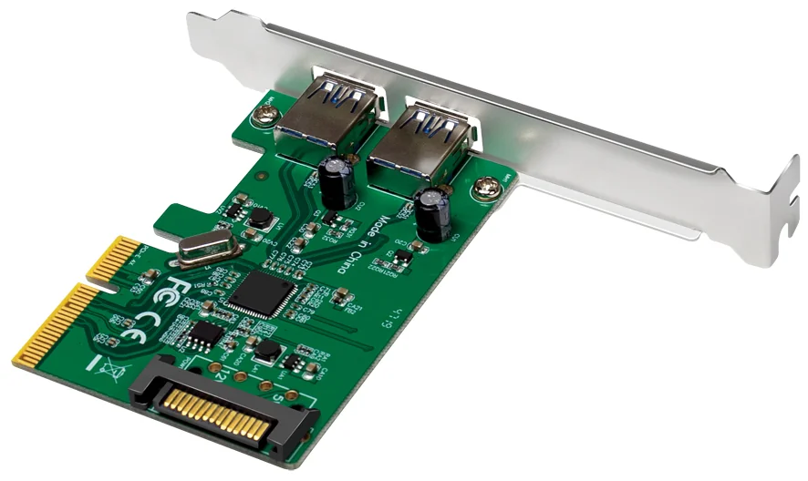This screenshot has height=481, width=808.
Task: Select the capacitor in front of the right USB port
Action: [431, 215]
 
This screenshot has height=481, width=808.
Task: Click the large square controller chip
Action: [262, 296]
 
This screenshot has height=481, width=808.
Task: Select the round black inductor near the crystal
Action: [261, 219]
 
